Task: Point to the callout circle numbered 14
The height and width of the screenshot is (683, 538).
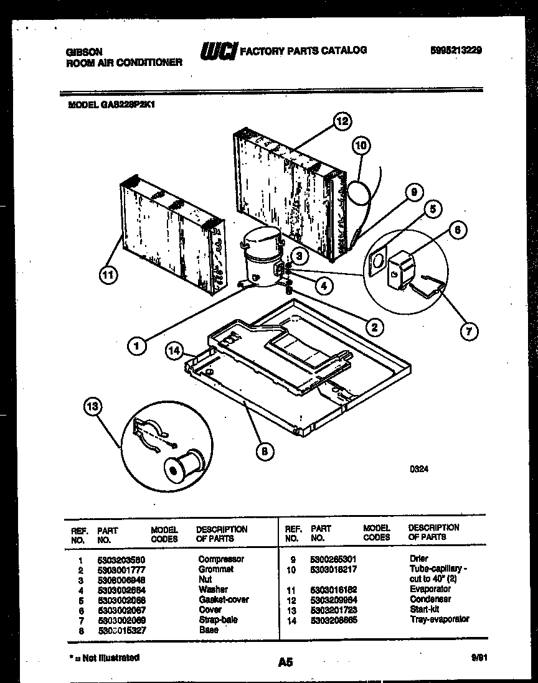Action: pos(174,351)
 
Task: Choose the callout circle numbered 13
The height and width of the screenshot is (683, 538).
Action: pos(92,407)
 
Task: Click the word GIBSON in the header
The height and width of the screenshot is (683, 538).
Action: pos(84,52)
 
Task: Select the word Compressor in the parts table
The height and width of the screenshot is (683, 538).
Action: pos(221,559)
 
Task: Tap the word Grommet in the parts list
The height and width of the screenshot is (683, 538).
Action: pos(216,569)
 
